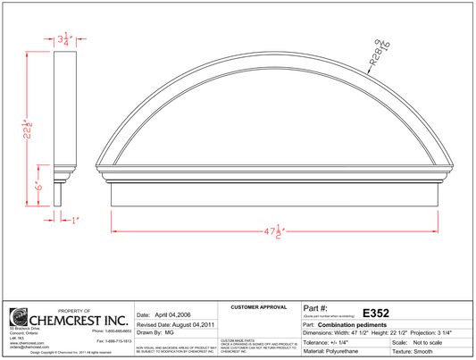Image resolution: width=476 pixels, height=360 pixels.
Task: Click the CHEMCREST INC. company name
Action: point(78,318)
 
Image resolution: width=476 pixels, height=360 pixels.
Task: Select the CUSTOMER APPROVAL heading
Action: point(258,306)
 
